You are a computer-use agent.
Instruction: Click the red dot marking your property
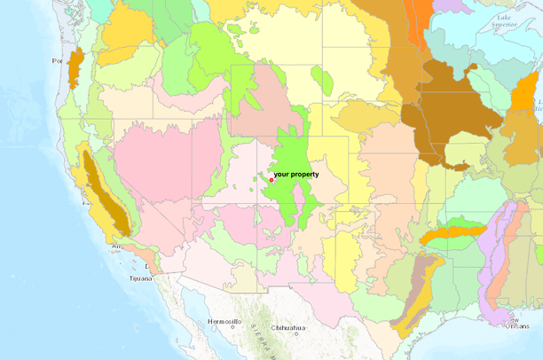coord(271,180)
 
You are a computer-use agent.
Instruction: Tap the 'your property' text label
coord(295,175)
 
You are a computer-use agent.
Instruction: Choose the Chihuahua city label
coord(289,328)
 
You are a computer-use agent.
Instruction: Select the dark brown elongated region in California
coord(106,191)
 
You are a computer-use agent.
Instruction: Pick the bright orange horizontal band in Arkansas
coord(452,233)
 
